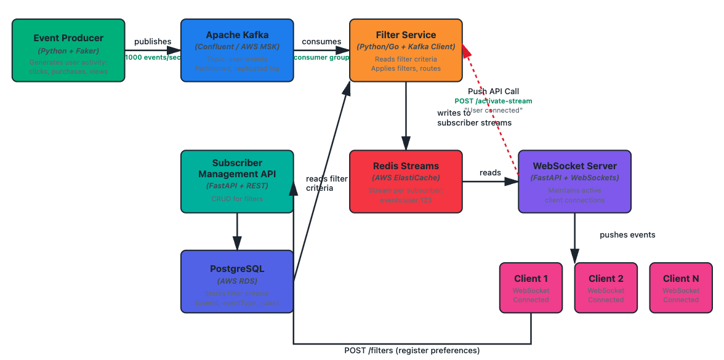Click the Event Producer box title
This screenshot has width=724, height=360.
[x=68, y=38]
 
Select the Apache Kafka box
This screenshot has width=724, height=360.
[x=237, y=50]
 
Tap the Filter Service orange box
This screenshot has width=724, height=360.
[x=406, y=50]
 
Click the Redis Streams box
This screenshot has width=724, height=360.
[x=406, y=182]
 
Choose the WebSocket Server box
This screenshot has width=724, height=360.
[x=574, y=182]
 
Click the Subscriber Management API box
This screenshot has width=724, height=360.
[x=237, y=182]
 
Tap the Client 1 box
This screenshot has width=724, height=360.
[x=531, y=287]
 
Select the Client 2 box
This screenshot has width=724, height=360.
[x=606, y=287]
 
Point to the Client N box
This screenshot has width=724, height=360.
[x=681, y=287]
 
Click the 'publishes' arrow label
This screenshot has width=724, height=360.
[x=153, y=42]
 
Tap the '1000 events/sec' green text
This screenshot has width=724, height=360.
[x=153, y=57]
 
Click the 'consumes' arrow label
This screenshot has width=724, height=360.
[x=321, y=42]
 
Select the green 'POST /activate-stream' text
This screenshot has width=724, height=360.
[x=493, y=101]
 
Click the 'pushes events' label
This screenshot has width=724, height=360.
[x=627, y=234]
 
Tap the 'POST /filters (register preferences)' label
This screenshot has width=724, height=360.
[x=411, y=351]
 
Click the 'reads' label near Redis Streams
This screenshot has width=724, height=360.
[x=490, y=173]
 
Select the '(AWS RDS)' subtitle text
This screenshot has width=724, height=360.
[x=237, y=281]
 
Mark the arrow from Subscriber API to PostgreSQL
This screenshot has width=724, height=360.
[x=237, y=231]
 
